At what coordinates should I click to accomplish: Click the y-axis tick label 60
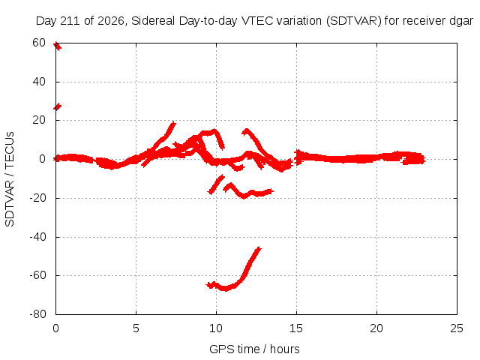point(39,43)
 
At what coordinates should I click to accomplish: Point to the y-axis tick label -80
point(37,314)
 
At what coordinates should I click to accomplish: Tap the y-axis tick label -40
point(37,237)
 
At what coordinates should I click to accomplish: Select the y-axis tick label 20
point(39,120)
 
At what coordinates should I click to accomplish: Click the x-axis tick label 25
point(457,328)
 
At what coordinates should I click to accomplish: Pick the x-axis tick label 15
point(296,328)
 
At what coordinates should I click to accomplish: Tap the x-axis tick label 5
point(136,328)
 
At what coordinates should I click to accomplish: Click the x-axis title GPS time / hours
point(254,349)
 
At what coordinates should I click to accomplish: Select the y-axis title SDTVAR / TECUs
point(10,179)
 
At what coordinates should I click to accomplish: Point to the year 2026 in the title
point(111,21)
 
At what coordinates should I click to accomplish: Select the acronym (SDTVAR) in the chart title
point(353,21)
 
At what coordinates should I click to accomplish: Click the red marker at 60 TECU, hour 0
point(57,46)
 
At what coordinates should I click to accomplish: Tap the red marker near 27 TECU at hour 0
point(57,106)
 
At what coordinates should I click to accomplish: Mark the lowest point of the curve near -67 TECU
point(226,288)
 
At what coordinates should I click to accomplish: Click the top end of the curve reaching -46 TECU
point(259,248)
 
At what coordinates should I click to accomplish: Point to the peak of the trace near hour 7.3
point(173,123)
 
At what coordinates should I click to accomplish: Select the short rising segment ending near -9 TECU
point(216,184)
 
